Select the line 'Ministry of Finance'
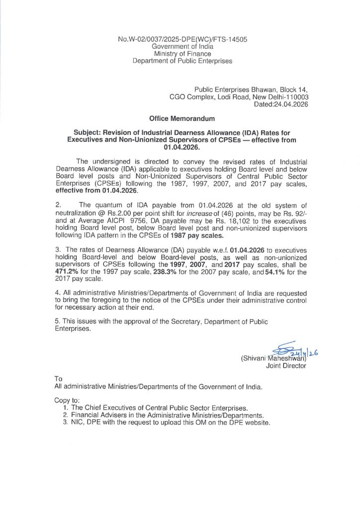coord(182,54)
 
